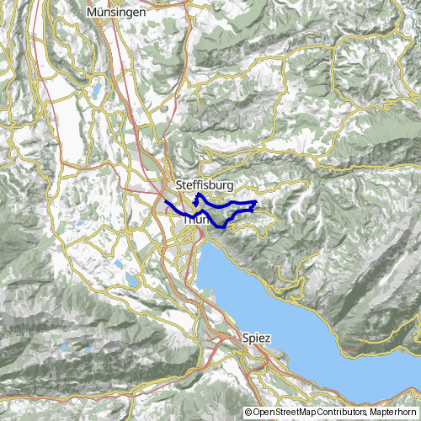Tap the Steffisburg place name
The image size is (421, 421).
pos(205,184)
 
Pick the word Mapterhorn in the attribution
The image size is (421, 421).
pos(393,413)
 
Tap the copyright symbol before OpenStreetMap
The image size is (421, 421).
pos(248,413)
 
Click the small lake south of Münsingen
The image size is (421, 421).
pos(98,88)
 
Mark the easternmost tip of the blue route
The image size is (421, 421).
pos(256,203)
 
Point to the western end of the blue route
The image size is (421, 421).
pos(164,202)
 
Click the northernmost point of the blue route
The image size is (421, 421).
pos(199,195)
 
